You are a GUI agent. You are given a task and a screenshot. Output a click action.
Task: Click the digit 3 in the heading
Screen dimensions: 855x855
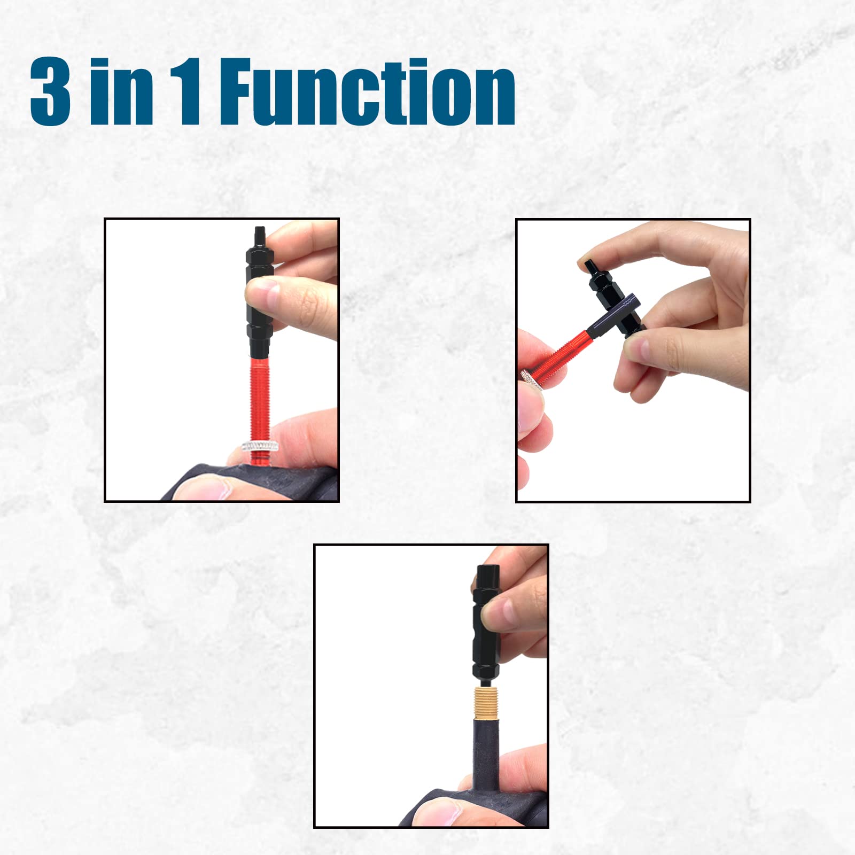(50, 92)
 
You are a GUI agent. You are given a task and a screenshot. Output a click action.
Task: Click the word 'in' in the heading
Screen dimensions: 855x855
(122, 92)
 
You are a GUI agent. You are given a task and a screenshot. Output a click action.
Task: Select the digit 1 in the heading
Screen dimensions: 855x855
(187, 92)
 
